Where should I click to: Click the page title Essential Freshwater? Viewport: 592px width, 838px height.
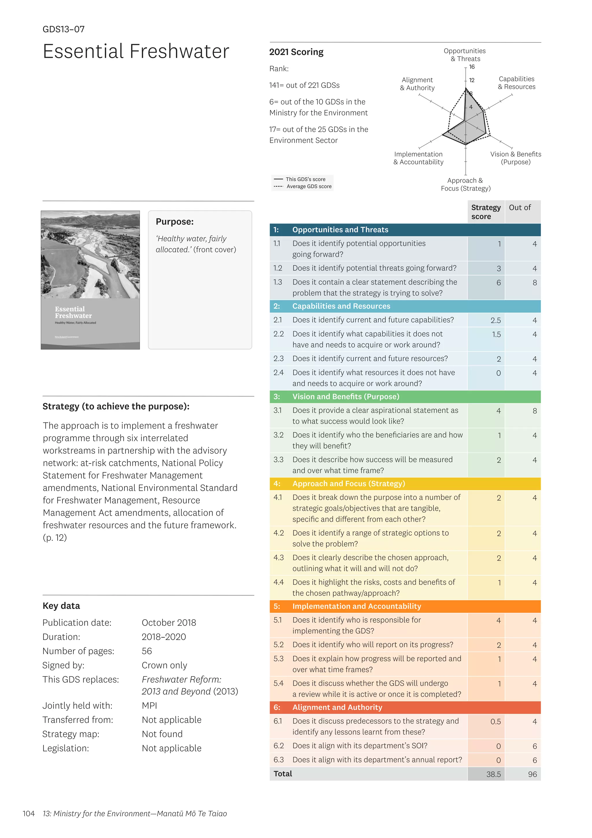[136, 51]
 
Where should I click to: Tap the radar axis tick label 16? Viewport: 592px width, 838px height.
[472, 67]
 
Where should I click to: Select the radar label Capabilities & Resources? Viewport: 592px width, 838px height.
[517, 83]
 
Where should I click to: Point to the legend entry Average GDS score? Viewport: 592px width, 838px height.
[309, 187]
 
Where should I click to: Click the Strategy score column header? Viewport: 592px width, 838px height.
[486, 212]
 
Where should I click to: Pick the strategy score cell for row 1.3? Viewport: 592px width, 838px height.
[498, 282]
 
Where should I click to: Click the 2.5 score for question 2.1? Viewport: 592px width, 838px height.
[495, 320]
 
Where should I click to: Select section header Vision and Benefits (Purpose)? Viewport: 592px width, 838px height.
[346, 396]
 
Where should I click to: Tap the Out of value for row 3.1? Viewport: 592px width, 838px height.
[534, 411]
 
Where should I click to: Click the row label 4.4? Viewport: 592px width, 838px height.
[278, 582]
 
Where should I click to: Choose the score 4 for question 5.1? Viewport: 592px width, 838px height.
[498, 620]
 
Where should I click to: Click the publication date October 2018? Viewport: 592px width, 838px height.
[169, 623]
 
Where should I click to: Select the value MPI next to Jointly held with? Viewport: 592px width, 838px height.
[149, 705]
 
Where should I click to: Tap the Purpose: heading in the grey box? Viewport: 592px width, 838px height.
[175, 222]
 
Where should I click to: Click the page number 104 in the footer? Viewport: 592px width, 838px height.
[28, 813]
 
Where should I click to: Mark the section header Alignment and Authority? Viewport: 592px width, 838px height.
[337, 707]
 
